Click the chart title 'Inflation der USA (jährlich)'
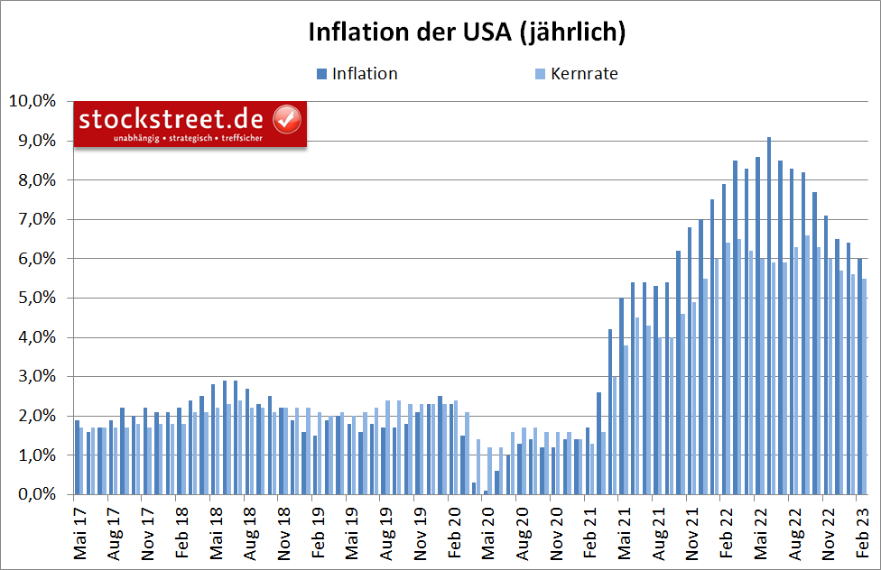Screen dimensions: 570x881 tap(467, 32)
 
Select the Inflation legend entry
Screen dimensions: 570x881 tap(364, 74)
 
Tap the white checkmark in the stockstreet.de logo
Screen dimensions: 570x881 tap(287, 119)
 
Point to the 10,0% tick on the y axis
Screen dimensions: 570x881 tap(32, 101)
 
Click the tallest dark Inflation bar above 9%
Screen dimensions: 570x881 tap(768, 316)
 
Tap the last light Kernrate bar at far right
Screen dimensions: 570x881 tap(864, 387)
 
